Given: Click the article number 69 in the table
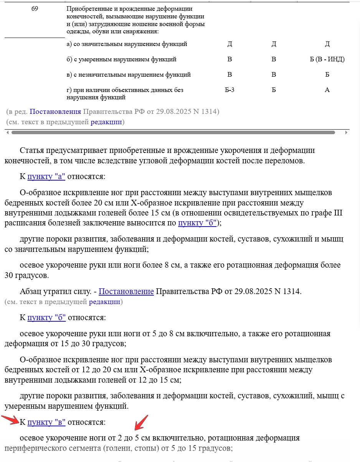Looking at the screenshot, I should coord(35,8).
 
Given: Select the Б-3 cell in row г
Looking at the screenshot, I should coord(230,90).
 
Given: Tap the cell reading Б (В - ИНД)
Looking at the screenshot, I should coord(327,59).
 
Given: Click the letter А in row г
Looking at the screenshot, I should coord(327,90).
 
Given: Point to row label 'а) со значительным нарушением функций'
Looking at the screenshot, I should coord(127,44).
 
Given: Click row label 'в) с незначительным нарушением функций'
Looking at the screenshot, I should coord(129,75).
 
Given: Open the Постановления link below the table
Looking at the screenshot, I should coord(55,112).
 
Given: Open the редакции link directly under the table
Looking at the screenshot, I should coord(106,122).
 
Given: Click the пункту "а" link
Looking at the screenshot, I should coord(46,176).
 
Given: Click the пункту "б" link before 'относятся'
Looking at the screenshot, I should coord(46,318).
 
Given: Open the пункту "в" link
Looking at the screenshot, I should coord(46,422).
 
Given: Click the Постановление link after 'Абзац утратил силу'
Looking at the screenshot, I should coord(126,292).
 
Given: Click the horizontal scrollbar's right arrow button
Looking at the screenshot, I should coord(346,133).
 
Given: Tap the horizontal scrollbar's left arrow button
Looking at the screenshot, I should coord(7,133).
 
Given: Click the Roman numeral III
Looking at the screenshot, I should coord(338,213).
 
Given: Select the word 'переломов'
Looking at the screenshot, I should coord(286,161).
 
